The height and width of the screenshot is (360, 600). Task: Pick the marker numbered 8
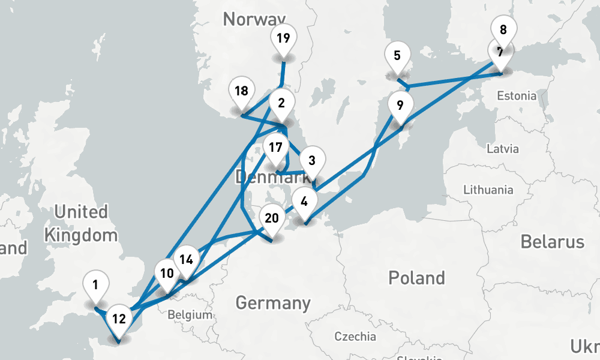[503, 30]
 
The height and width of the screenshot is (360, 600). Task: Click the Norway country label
[253, 19]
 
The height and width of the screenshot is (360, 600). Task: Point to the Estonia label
[516, 95]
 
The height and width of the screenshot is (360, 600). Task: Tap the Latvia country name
[503, 148]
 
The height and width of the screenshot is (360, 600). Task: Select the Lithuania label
[488, 190]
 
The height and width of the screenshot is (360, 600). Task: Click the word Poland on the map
[416, 278]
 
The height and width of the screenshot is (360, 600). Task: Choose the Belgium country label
[190, 314]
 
